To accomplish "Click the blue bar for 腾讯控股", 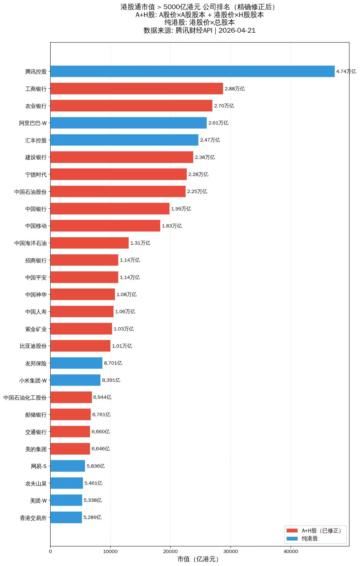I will (192, 71).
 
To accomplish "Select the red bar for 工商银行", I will (137, 88).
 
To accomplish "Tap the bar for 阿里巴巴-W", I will (129, 123).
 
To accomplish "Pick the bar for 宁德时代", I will (118, 174).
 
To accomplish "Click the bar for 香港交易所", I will (66, 517).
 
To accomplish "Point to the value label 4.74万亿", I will (346, 71).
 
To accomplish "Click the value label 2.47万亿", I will (210, 140).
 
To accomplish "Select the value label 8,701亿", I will (113, 363).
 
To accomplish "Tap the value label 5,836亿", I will (96, 466).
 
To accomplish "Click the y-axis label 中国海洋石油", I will (30, 243).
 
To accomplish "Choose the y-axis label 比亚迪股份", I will (33, 346).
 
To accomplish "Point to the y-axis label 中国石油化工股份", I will (25, 397).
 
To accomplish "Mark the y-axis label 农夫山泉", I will (36, 483).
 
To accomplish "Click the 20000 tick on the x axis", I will (170, 551).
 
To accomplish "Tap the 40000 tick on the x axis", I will (291, 551).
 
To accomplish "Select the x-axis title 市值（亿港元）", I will (198, 559).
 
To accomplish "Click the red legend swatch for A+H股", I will (292, 530).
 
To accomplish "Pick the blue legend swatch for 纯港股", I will (292, 538).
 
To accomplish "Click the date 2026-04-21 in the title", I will (237, 30).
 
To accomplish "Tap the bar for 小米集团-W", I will (75, 380).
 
